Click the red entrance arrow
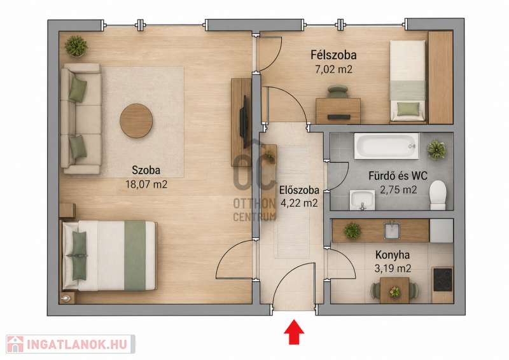click(x=294, y=331)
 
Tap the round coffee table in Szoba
click(x=136, y=121)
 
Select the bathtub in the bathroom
click(x=386, y=146)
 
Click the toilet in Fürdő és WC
click(x=438, y=195)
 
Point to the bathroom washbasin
click(x=362, y=200)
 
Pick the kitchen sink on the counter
click(x=392, y=230)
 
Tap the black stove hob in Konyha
click(x=443, y=279)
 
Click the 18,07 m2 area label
click(x=146, y=184)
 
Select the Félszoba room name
click(x=333, y=55)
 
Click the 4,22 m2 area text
click(x=299, y=203)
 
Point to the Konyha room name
click(x=393, y=255)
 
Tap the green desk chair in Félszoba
click(x=338, y=91)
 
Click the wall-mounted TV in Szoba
click(x=244, y=116)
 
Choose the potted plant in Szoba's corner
click(x=76, y=46)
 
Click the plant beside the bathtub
click(x=436, y=150)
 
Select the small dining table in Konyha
click(x=394, y=290)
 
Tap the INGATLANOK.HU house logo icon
click(x=15, y=344)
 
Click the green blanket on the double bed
click(x=135, y=256)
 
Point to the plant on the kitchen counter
click(x=352, y=231)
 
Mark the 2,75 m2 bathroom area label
click(x=398, y=190)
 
